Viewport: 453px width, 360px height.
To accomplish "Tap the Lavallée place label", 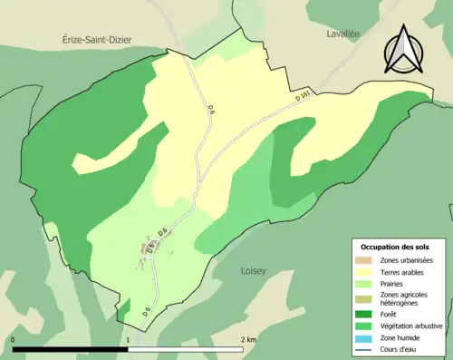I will tap(344, 34).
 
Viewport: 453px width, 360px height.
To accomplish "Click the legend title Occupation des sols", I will tap(394, 247).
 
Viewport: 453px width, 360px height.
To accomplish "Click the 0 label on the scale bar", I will tap(14, 339).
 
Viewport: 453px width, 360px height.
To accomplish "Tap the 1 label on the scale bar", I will tap(129, 339).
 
